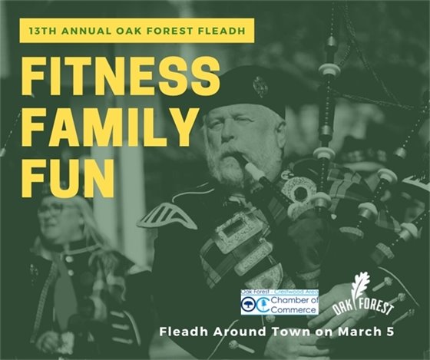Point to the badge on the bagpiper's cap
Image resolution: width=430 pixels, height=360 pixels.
(x=260, y=86)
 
